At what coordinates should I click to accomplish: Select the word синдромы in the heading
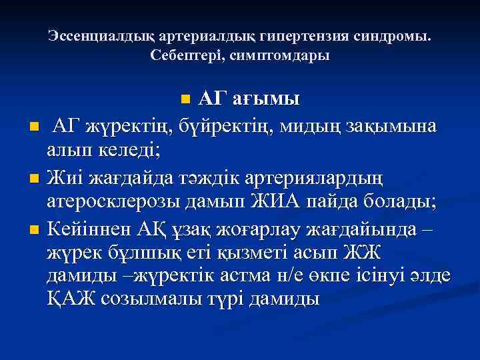coord(393,35)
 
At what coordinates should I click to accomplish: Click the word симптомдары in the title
coord(279,55)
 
